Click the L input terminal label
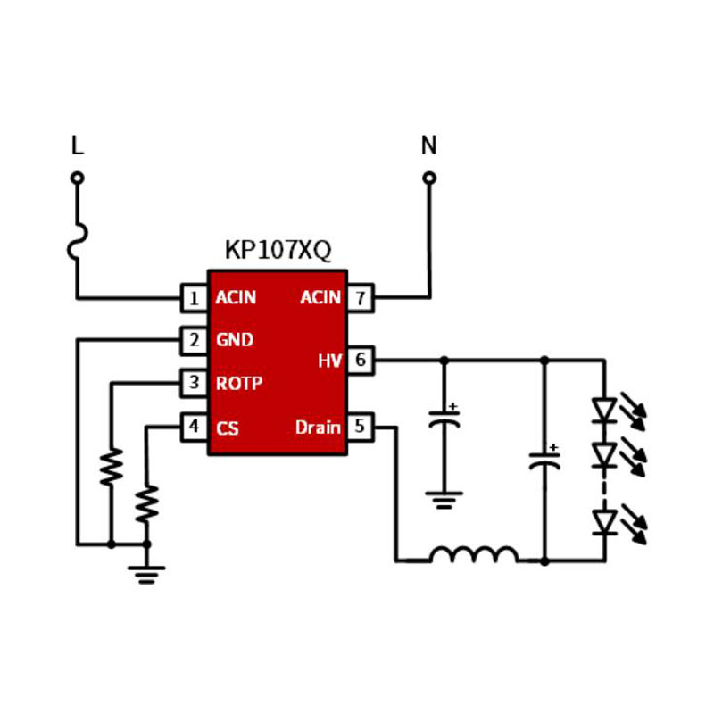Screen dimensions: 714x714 pyautogui.click(x=77, y=145)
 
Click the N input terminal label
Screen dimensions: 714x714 pyautogui.click(x=429, y=145)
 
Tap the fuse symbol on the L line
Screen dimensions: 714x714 pyautogui.click(x=78, y=242)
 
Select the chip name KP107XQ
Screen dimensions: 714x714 pyautogui.click(x=278, y=251)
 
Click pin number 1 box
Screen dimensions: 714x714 pyautogui.click(x=194, y=298)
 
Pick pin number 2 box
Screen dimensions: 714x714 pyautogui.click(x=194, y=340)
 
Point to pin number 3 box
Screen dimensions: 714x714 pyautogui.click(x=194, y=384)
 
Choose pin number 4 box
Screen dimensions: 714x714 pyautogui.click(x=194, y=428)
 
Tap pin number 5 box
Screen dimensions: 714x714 pyautogui.click(x=360, y=427)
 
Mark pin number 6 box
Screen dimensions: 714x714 pyautogui.click(x=360, y=361)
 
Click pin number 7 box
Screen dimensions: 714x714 pyautogui.click(x=360, y=298)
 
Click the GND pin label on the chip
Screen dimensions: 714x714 pyautogui.click(x=235, y=340)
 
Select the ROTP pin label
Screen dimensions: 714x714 pyautogui.click(x=239, y=384)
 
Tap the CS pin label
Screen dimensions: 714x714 pyautogui.click(x=228, y=428)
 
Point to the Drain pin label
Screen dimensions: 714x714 pyautogui.click(x=318, y=428)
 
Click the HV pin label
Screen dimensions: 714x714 pyautogui.click(x=329, y=361)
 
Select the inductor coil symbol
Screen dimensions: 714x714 pyautogui.click(x=474, y=555)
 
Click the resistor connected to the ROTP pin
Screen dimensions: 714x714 pyautogui.click(x=111, y=467)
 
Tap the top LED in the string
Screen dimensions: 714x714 pyautogui.click(x=605, y=410)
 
